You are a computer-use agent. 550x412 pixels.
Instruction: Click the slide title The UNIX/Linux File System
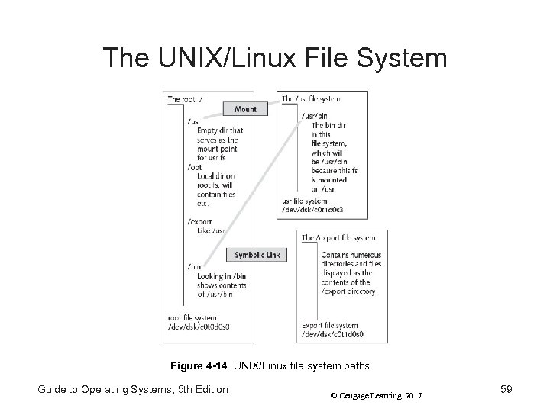(275, 58)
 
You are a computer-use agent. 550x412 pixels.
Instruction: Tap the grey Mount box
(246, 109)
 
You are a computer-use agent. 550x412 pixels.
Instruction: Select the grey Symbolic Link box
(256, 255)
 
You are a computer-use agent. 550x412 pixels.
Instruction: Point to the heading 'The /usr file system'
(311, 99)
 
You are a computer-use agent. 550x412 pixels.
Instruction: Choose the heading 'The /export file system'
(338, 238)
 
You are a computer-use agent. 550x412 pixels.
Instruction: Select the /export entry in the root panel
(199, 221)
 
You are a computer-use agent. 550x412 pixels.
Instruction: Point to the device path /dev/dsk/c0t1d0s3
(315, 210)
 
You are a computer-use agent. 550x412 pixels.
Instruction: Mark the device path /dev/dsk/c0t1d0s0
(332, 334)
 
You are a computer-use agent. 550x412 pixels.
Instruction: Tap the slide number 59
(506, 390)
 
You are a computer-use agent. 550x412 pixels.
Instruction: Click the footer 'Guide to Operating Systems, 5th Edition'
(133, 390)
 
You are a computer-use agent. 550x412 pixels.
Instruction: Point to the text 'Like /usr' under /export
(210, 230)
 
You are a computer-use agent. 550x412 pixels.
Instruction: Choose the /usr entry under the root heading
(194, 121)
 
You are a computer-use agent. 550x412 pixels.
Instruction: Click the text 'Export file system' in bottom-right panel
(330, 325)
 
